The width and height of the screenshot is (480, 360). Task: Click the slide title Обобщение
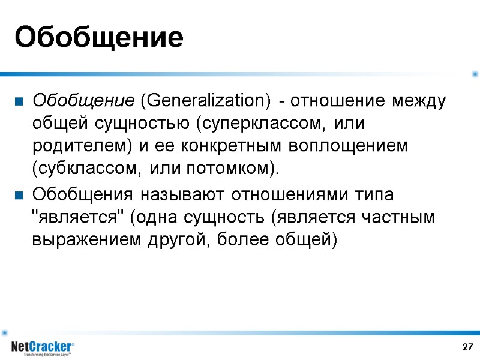(98, 37)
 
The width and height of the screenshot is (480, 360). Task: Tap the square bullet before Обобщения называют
(19, 196)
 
